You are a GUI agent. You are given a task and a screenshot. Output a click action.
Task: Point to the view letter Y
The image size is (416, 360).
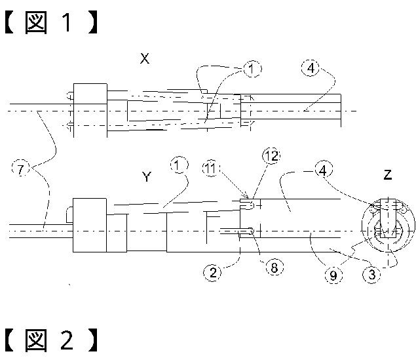[x=146, y=176]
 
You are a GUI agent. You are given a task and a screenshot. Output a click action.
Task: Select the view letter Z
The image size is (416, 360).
[x=388, y=175]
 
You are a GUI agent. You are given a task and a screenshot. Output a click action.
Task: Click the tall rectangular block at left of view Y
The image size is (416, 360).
[x=89, y=225]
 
